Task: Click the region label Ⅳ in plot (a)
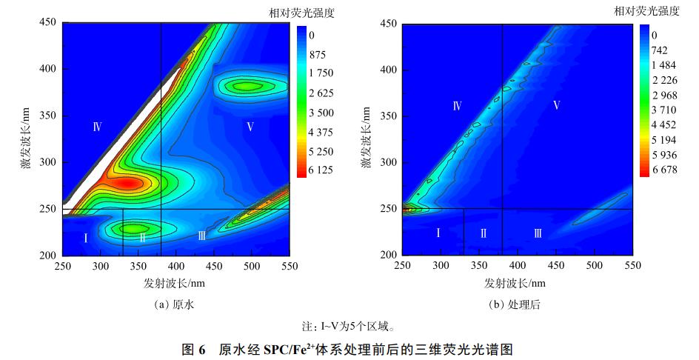point(97,127)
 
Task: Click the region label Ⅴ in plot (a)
point(250,127)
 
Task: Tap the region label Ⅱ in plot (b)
point(483,233)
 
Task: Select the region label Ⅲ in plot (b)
point(538,233)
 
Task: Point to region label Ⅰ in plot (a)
point(86,238)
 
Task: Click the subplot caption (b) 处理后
point(517,304)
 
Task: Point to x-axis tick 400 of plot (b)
point(517,265)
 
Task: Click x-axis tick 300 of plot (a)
point(101,265)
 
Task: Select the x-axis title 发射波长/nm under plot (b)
point(515,284)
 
